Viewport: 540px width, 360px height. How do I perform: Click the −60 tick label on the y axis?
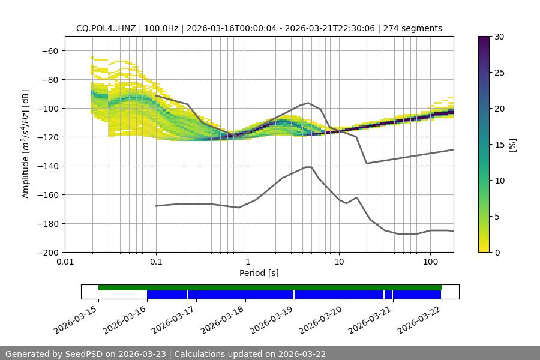tap(52, 50)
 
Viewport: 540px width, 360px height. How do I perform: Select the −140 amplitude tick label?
tap(50, 166)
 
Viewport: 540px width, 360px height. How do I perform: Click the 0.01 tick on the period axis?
tap(65, 262)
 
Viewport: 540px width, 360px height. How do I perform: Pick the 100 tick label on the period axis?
tap(430, 262)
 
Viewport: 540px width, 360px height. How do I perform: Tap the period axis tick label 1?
tap(248, 262)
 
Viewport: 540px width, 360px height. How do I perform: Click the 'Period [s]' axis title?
tap(259, 273)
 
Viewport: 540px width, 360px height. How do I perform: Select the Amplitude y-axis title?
tap(25, 144)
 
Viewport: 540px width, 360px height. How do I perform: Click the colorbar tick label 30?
tap(499, 37)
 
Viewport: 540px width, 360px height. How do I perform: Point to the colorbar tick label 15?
tap(499, 145)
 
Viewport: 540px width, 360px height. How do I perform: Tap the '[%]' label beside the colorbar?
tap(512, 144)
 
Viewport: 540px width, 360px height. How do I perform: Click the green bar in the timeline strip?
tap(270, 287)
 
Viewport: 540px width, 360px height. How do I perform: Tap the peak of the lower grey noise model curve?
tap(308, 167)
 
